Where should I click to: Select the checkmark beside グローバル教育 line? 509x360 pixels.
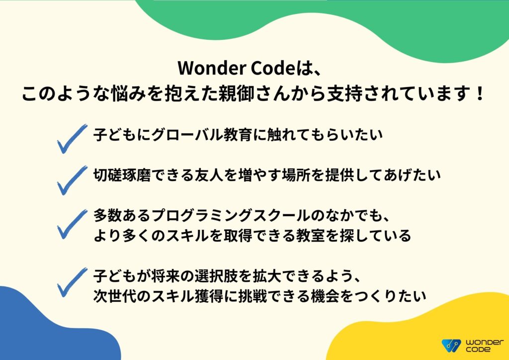(x=71, y=139)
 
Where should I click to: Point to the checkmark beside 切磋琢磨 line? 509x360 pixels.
(x=71, y=180)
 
